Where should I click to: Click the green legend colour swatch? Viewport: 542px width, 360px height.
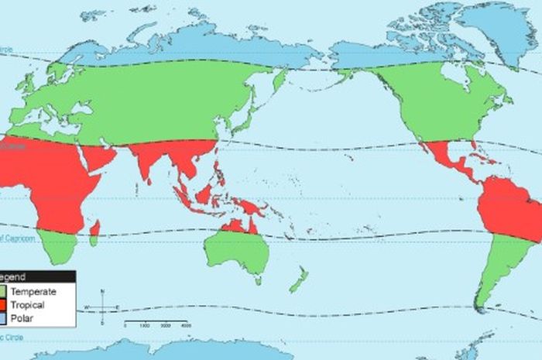click(4, 291)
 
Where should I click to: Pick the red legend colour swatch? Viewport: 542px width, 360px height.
click(4, 305)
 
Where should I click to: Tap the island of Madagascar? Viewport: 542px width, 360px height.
click(95, 228)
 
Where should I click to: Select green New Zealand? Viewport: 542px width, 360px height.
click(299, 279)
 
